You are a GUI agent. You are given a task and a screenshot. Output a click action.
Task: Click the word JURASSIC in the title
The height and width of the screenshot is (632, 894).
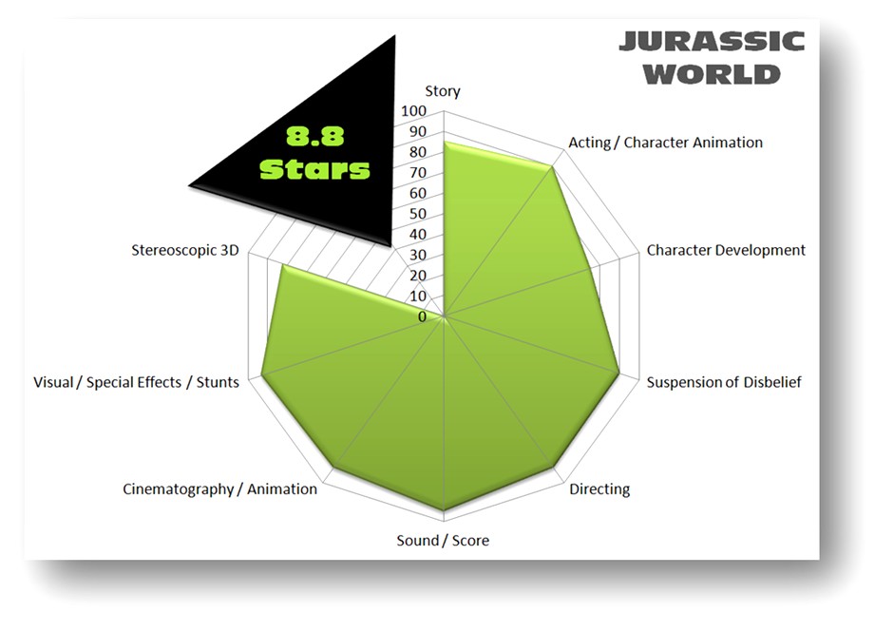712,42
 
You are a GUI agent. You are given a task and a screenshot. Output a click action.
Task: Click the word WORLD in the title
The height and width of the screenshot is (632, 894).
712,73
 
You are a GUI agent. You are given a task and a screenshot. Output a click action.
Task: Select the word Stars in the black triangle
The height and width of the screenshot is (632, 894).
314,169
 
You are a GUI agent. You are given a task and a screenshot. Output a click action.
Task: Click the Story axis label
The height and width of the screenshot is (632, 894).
443,91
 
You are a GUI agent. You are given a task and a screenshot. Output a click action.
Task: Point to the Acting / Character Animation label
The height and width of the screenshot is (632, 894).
665,143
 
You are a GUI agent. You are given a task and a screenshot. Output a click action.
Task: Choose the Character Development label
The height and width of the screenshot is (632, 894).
726,250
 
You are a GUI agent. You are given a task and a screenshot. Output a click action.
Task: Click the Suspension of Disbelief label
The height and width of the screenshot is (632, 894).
724,382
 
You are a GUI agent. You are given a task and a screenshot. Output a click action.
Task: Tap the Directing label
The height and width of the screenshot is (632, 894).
599,489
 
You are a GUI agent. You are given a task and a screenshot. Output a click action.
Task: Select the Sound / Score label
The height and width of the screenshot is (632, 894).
443,541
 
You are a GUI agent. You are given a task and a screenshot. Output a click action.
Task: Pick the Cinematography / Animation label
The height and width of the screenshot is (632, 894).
219,488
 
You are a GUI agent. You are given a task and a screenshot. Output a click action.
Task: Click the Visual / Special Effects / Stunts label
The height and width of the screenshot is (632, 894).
136,382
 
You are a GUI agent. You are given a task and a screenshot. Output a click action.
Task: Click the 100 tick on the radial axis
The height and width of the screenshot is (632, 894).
414,111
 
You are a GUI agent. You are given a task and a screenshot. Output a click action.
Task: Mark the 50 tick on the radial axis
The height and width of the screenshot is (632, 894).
418,214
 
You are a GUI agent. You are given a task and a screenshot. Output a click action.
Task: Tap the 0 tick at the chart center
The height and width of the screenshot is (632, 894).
423,316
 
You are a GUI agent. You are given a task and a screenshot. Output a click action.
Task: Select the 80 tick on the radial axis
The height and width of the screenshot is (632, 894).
418,153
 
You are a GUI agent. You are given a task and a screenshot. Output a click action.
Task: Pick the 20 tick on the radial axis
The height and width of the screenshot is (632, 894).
418,276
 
